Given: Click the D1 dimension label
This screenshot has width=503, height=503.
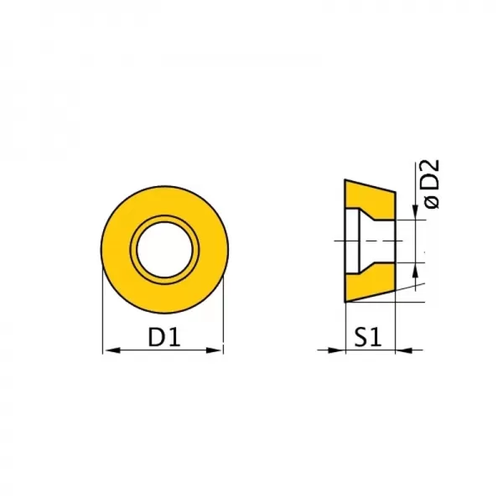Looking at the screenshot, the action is click(x=164, y=337).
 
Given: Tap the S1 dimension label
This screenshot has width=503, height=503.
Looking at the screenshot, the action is click(x=368, y=337).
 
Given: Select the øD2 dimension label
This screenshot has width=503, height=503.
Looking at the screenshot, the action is click(x=431, y=184).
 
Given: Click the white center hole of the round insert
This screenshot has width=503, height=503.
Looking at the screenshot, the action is click(x=164, y=250).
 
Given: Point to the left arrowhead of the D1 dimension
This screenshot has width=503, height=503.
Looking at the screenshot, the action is click(x=112, y=350).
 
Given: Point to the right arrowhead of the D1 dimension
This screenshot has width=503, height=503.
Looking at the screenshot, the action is click(x=214, y=350).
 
